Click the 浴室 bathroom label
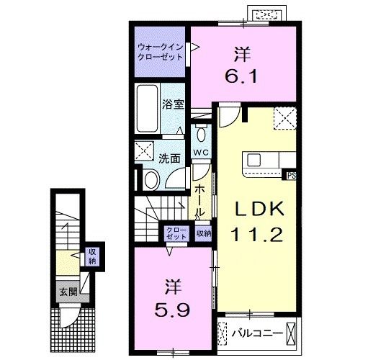click(174, 104)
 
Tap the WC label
click(200, 153)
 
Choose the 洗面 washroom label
click(169, 158)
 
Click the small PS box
click(291, 174)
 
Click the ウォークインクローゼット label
click(161, 52)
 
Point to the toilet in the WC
click(201, 134)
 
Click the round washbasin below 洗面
click(152, 179)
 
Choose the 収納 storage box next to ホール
click(203, 233)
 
